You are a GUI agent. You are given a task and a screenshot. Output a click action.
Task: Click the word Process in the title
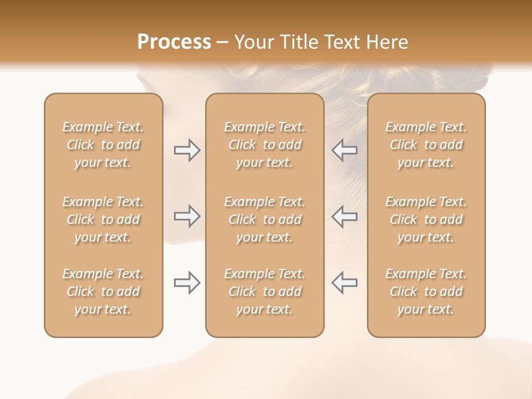click(x=174, y=42)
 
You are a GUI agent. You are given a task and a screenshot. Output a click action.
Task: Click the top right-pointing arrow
click(x=187, y=150)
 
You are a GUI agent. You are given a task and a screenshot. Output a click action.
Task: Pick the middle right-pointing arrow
click(x=187, y=216)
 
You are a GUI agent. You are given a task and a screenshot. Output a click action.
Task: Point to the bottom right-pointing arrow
click(x=187, y=283)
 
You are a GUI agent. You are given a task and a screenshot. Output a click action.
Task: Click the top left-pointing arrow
click(x=344, y=150)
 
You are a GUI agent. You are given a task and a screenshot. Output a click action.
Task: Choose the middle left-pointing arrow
click(x=344, y=216)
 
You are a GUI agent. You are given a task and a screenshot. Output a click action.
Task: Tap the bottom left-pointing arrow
click(x=344, y=283)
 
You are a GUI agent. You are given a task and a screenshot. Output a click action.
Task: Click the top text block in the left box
click(x=103, y=145)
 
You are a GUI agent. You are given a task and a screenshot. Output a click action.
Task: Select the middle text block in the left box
click(x=103, y=219)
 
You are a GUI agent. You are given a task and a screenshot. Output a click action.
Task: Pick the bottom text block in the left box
click(x=103, y=291)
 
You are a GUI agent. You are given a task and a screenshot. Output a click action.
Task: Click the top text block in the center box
click(x=264, y=145)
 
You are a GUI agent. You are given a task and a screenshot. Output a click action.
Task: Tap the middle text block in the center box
click(x=264, y=219)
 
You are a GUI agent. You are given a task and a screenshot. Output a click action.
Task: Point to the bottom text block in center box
click(x=264, y=291)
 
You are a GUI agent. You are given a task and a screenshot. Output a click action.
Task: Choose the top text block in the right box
click(x=426, y=145)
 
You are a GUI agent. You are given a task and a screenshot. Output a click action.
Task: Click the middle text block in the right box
click(x=426, y=219)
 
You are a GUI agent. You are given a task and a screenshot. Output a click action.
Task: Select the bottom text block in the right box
click(x=426, y=291)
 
